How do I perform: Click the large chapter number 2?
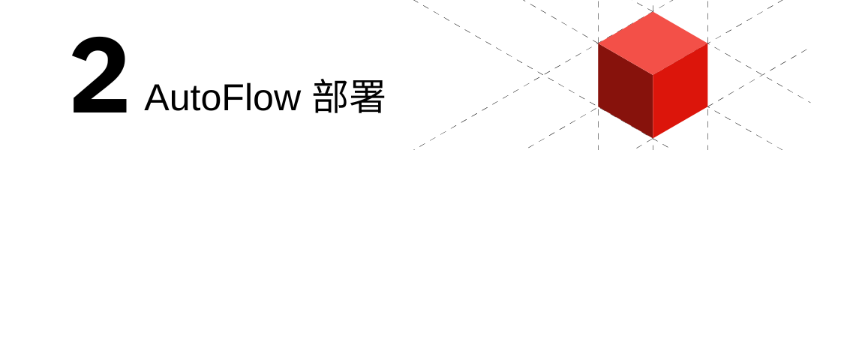tap(99, 76)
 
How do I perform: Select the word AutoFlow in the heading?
tap(222, 98)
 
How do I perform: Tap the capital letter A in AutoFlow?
tap(157, 98)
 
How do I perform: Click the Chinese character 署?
tap(367, 98)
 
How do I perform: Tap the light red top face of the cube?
tap(653, 43)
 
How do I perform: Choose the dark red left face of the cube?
tap(625, 91)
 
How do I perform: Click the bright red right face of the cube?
tap(680, 91)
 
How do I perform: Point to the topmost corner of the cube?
tap(653, 12)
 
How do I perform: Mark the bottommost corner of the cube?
tap(653, 139)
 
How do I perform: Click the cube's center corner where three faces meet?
tap(653, 75)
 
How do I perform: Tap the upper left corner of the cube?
tap(599, 43)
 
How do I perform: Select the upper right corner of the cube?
tap(707, 43)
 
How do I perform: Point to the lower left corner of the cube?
tap(599, 107)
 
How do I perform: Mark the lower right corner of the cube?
tap(707, 107)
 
